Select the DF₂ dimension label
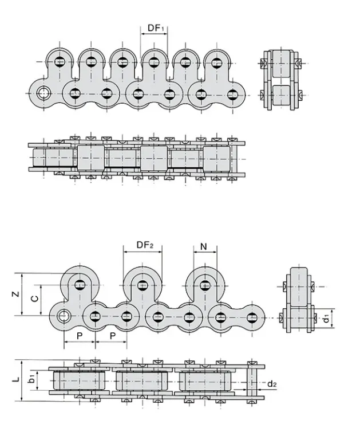tap(145, 245)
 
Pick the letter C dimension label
tap(34, 299)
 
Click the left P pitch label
tap(79, 335)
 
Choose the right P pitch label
tap(112, 335)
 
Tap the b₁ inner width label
tap(33, 379)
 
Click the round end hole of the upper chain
tap(43, 93)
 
